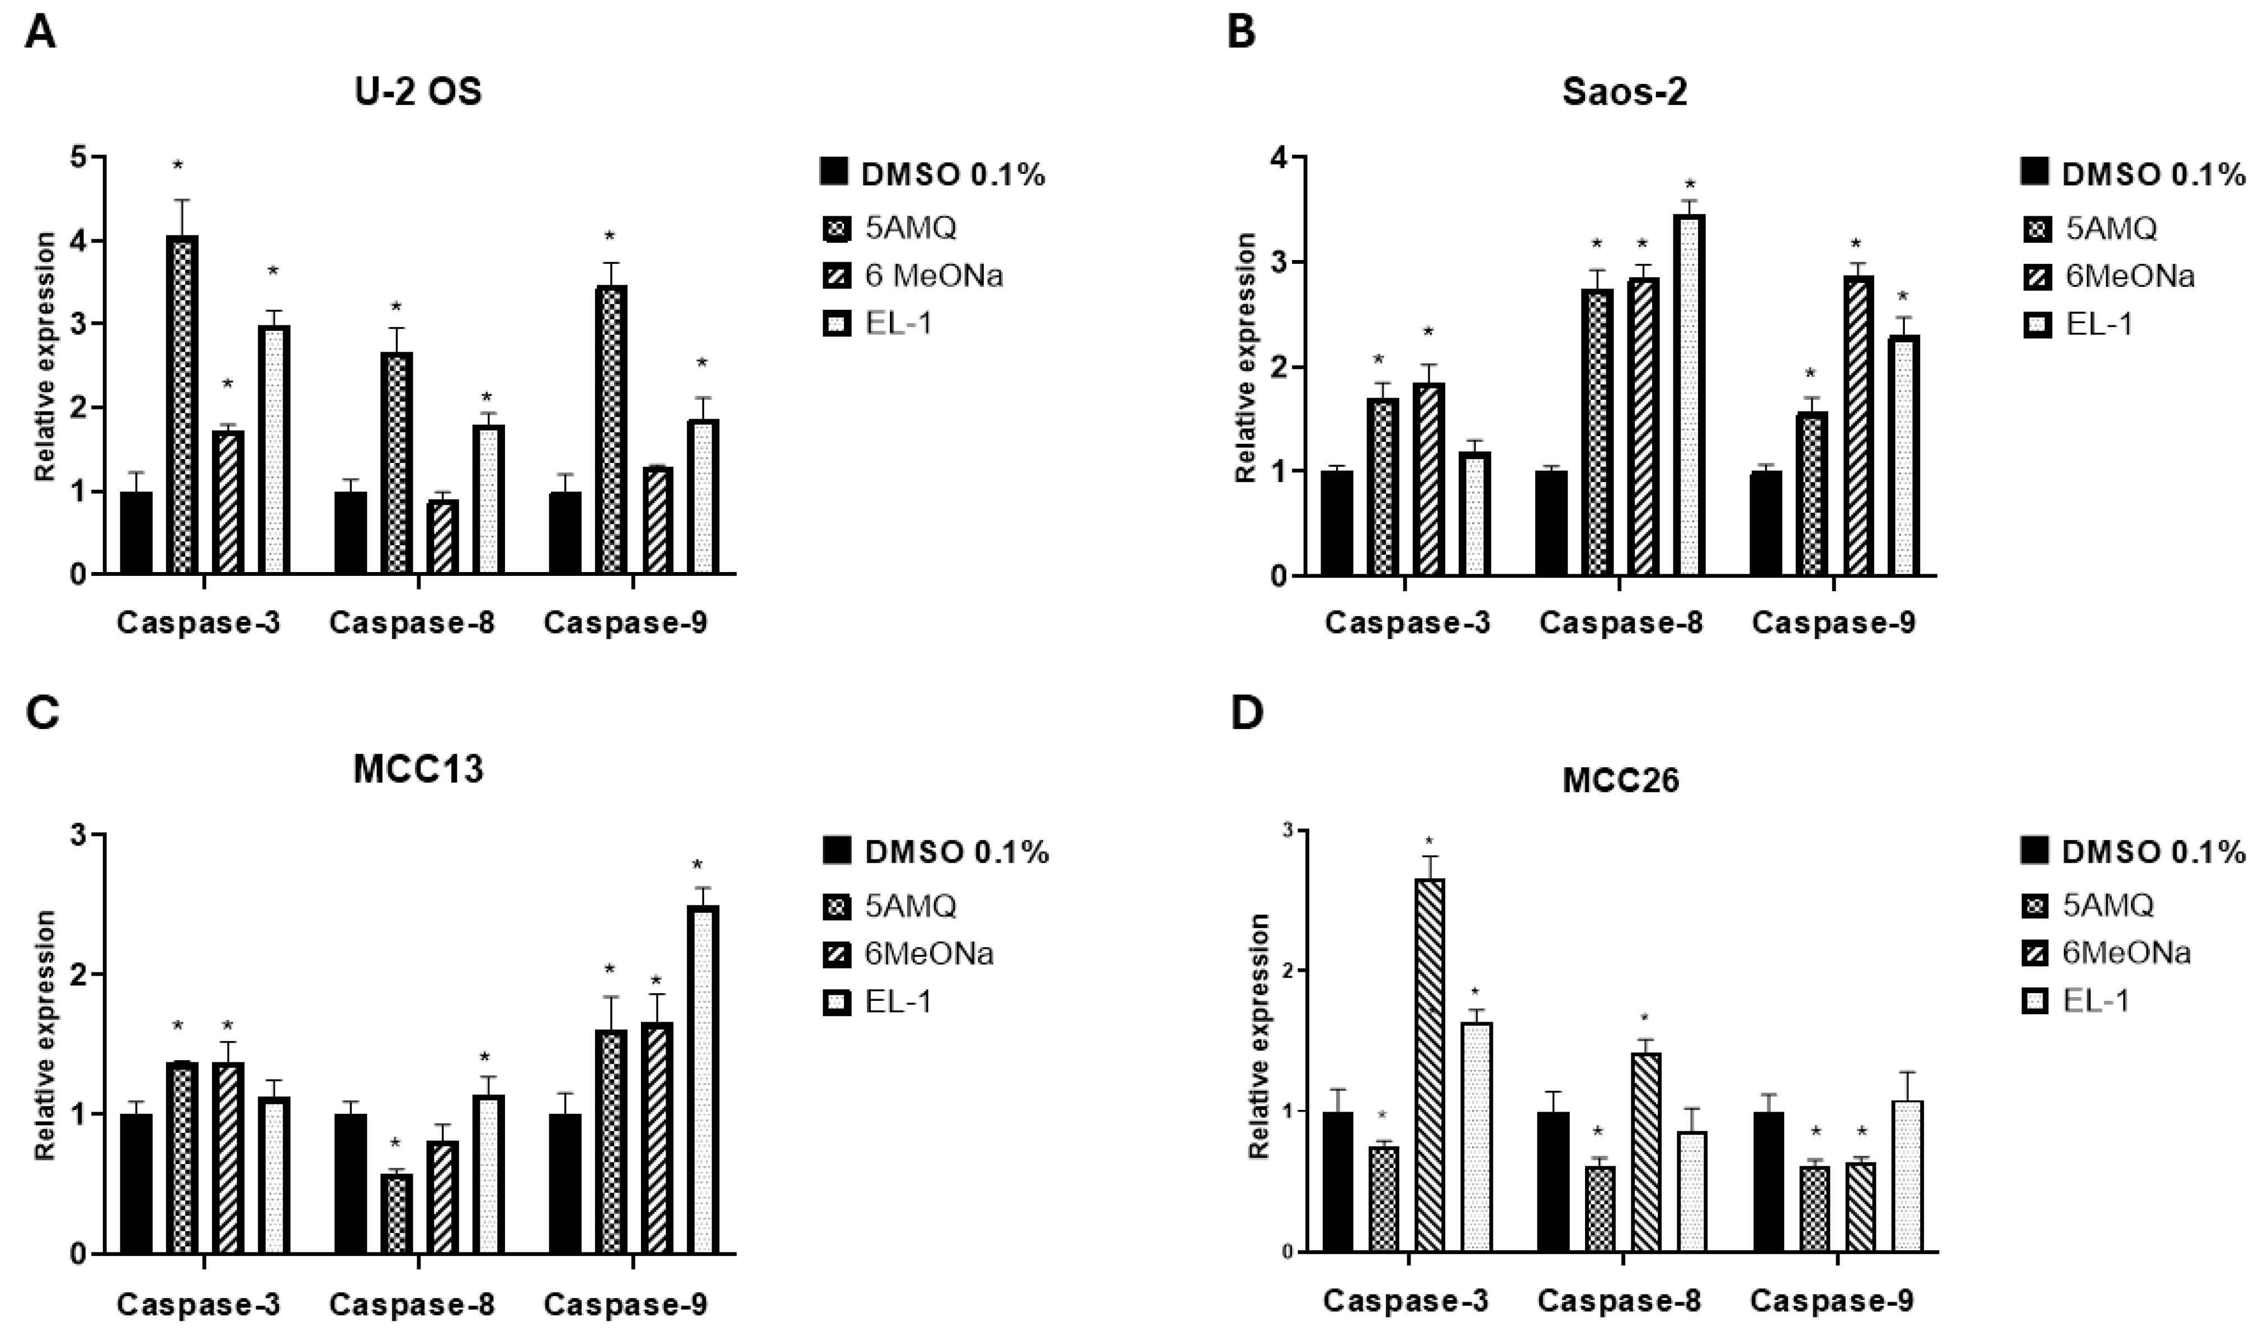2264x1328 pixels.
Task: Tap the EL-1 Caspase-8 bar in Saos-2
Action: click(x=1689, y=395)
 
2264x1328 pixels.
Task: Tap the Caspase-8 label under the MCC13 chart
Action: click(x=412, y=1305)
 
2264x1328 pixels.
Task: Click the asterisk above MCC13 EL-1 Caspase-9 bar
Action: click(x=697, y=867)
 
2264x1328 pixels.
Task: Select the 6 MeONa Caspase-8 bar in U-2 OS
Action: click(x=442, y=536)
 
